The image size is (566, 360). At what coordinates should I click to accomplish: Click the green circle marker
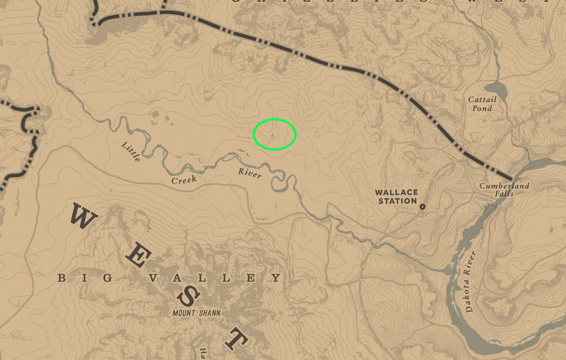pos(275,135)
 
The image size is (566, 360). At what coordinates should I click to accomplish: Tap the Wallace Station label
pos(396,196)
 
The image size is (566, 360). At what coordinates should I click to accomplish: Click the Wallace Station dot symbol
pos(422,207)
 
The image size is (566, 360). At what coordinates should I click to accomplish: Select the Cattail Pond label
pos(482,104)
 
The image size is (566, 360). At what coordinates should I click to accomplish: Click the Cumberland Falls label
pos(504,189)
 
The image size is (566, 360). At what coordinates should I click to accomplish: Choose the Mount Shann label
pos(196,313)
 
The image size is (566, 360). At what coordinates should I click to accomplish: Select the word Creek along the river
pos(184,180)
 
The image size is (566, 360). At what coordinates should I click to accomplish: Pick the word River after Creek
pos(250,173)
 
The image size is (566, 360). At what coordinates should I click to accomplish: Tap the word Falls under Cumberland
pos(506,193)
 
